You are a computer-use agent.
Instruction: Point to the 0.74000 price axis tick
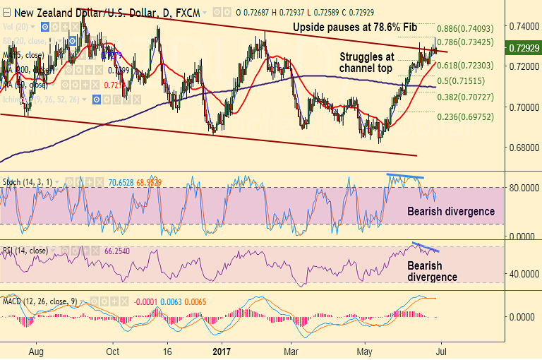(x=523, y=26)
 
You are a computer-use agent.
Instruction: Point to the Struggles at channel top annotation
(x=366, y=62)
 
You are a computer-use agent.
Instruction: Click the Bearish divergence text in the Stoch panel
(x=451, y=211)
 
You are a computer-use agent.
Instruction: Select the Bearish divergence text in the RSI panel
(x=432, y=271)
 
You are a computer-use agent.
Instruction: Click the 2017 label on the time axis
(x=222, y=350)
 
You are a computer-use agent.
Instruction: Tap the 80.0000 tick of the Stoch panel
(x=523, y=187)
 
